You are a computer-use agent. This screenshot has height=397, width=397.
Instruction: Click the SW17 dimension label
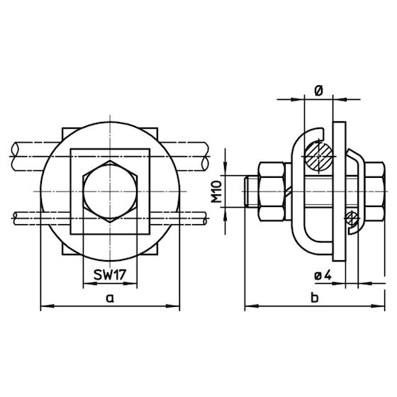pyautogui.click(x=110, y=275)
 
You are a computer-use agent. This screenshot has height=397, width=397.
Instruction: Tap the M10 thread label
pyautogui.click(x=216, y=191)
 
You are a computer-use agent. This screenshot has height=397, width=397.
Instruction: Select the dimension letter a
pyautogui.click(x=110, y=298)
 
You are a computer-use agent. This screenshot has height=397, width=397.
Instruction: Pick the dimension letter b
pyautogui.click(x=315, y=297)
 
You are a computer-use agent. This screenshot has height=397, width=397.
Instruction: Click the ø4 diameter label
pyautogui.click(x=323, y=275)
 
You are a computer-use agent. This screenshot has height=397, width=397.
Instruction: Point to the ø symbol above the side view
pyautogui.click(x=319, y=91)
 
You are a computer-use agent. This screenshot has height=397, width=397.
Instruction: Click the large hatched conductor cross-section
pyautogui.click(x=319, y=156)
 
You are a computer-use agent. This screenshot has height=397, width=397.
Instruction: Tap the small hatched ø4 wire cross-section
pyautogui.click(x=352, y=218)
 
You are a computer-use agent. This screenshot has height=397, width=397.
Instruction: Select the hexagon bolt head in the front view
pyautogui.click(x=110, y=191)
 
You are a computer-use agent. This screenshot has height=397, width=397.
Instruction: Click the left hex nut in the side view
pyautogui.click(x=271, y=191)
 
